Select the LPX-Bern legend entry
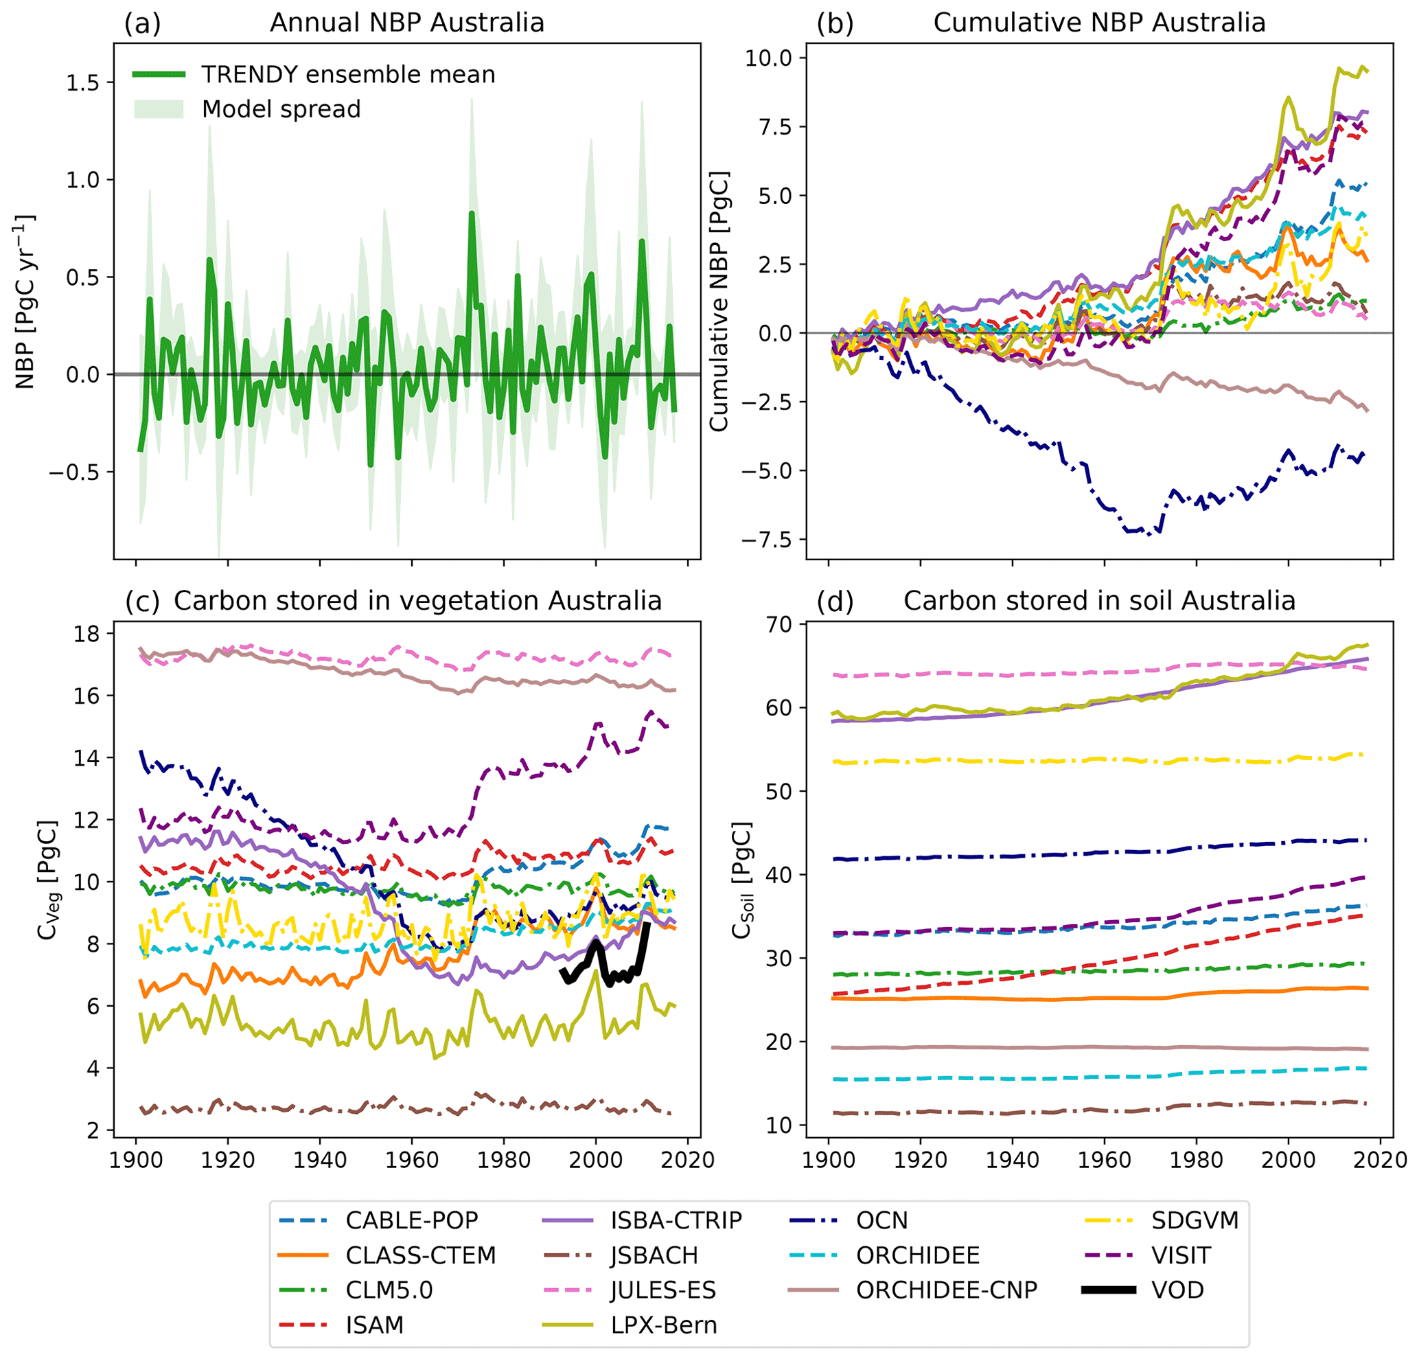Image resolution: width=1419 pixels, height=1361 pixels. [x=663, y=1325]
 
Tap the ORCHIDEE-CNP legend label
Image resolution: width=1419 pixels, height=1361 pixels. [x=946, y=1290]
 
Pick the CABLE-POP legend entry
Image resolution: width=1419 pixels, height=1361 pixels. [x=411, y=1220]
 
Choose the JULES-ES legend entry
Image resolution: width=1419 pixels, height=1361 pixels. [x=663, y=1290]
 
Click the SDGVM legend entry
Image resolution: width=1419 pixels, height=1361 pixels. [x=1195, y=1220]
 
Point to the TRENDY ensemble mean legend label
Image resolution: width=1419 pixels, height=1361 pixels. [x=348, y=75]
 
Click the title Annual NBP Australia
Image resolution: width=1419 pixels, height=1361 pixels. [x=407, y=23]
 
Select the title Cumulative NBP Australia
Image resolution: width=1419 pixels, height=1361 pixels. [x=1099, y=23]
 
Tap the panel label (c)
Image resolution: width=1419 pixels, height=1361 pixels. [x=142, y=601]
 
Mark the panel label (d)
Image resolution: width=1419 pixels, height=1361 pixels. [x=835, y=601]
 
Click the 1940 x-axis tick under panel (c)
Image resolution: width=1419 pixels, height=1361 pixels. [x=320, y=1160]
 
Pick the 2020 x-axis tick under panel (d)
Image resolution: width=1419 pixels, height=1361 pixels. [x=1380, y=1160]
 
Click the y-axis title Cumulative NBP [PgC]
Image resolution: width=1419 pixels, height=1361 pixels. [x=718, y=301]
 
